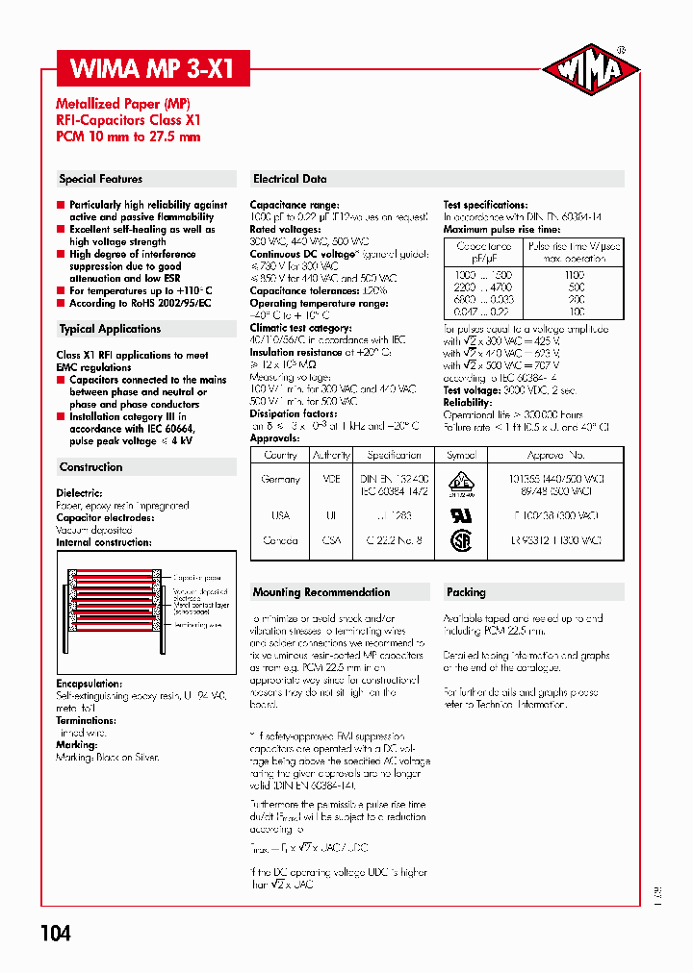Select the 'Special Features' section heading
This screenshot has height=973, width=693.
pyautogui.click(x=100, y=179)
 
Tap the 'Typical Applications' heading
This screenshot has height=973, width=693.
pyautogui.click(x=110, y=329)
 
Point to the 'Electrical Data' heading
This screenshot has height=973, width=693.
pyautogui.click(x=290, y=179)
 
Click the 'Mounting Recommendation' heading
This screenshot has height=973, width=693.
pyautogui.click(x=321, y=592)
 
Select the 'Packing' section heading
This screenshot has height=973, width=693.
pyautogui.click(x=466, y=592)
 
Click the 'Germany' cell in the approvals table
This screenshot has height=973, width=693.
pyautogui.click(x=280, y=479)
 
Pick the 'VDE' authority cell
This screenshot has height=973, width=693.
pyautogui.click(x=332, y=479)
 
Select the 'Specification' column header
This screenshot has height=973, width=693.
pyautogui.click(x=394, y=455)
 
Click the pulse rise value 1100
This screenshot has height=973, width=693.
pyautogui.click(x=576, y=275)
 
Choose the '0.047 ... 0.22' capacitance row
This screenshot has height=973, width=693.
pyautogui.click(x=484, y=312)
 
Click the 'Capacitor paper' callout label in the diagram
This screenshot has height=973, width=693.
pyautogui.click(x=197, y=579)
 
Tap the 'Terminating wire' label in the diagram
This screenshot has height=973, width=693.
pyautogui.click(x=199, y=624)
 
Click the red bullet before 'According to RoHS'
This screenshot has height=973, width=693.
pyautogui.click(x=61, y=303)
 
